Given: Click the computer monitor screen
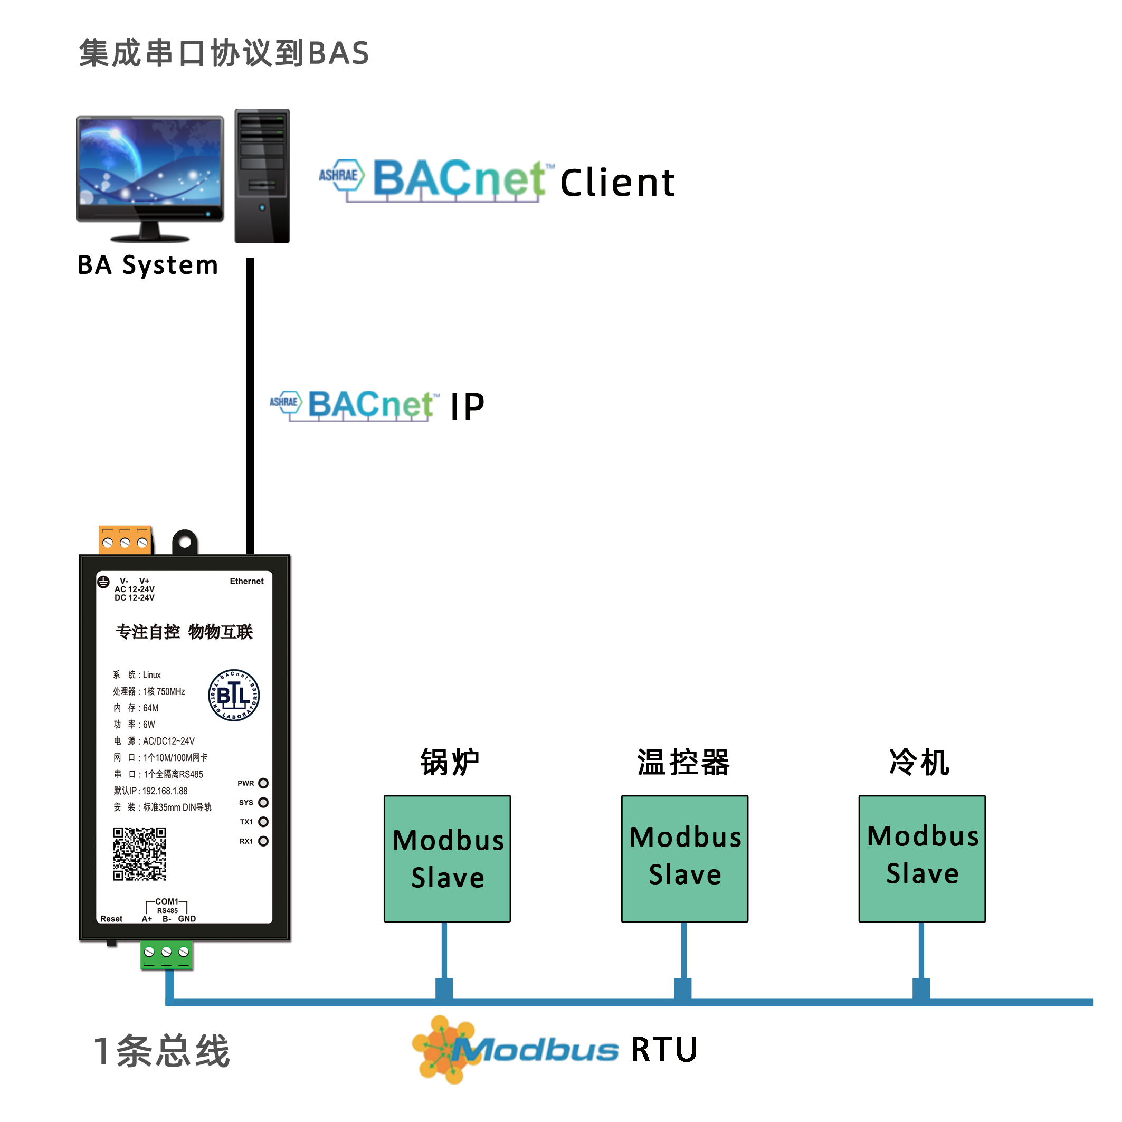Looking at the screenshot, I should pos(150,161).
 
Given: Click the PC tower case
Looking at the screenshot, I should pos(262,174).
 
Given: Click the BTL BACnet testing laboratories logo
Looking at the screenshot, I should pos(233,695).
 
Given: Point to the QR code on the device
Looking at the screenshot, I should pos(139,854).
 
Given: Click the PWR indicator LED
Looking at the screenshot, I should pos(263,783).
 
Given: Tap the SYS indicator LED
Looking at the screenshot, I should pos(263,802).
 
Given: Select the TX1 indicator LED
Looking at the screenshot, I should pos(263,822).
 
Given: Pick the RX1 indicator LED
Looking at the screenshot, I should pos(263,841).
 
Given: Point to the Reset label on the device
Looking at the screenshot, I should pos(111,919).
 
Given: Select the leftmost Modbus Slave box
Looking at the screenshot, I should pos(447,858).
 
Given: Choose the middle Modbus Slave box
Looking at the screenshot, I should pos(684,858).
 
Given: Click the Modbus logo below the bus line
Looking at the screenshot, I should pos(514,1049).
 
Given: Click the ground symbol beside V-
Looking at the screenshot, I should pos(103,582).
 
